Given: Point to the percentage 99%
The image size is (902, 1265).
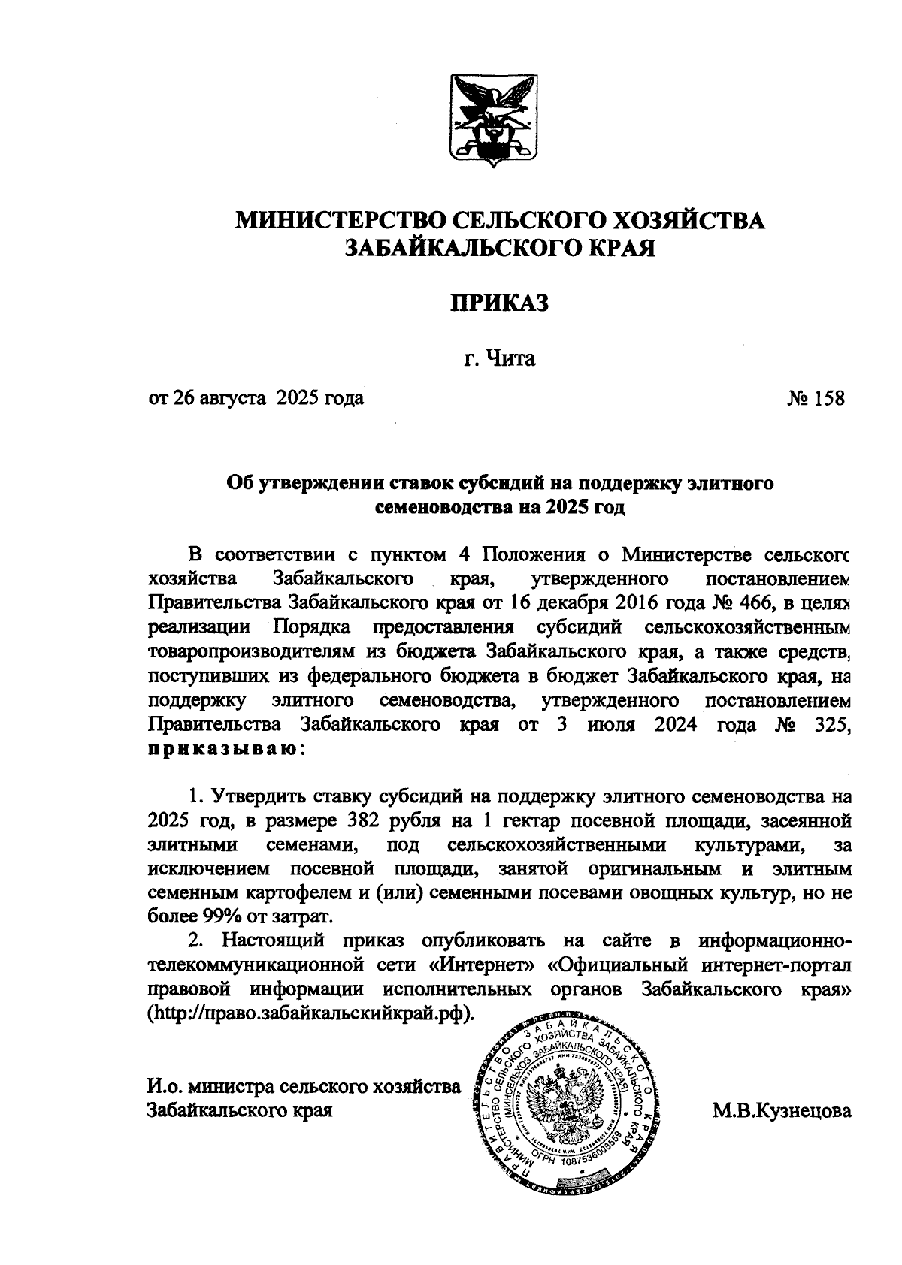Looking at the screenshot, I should [x=221, y=916].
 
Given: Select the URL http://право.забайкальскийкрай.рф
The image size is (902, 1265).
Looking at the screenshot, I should [x=312, y=1012].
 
